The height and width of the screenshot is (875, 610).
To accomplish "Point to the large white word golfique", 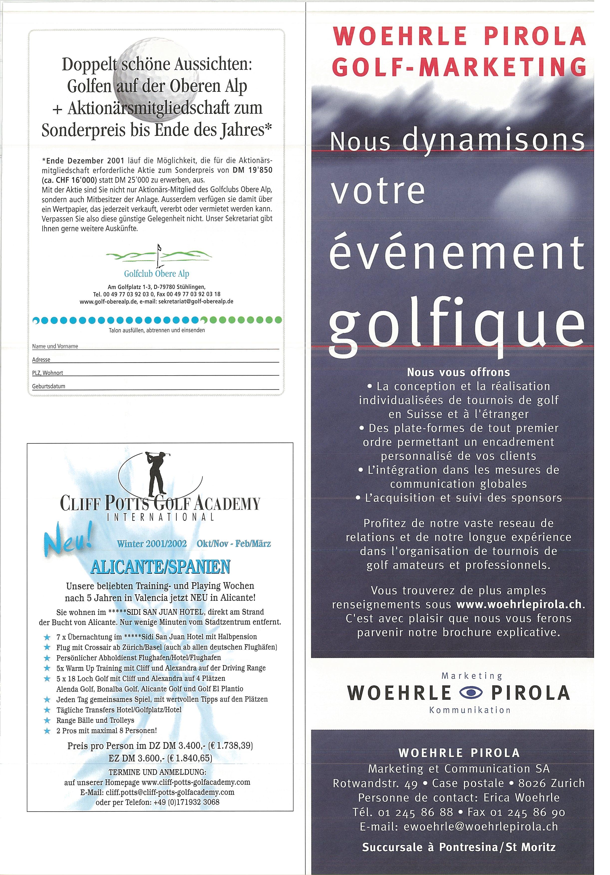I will click(456, 323).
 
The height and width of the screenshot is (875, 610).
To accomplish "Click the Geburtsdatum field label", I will click(49, 386).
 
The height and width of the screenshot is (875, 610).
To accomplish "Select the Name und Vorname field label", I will click(55, 346).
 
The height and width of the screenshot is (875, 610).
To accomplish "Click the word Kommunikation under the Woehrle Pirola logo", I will click(469, 710).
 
